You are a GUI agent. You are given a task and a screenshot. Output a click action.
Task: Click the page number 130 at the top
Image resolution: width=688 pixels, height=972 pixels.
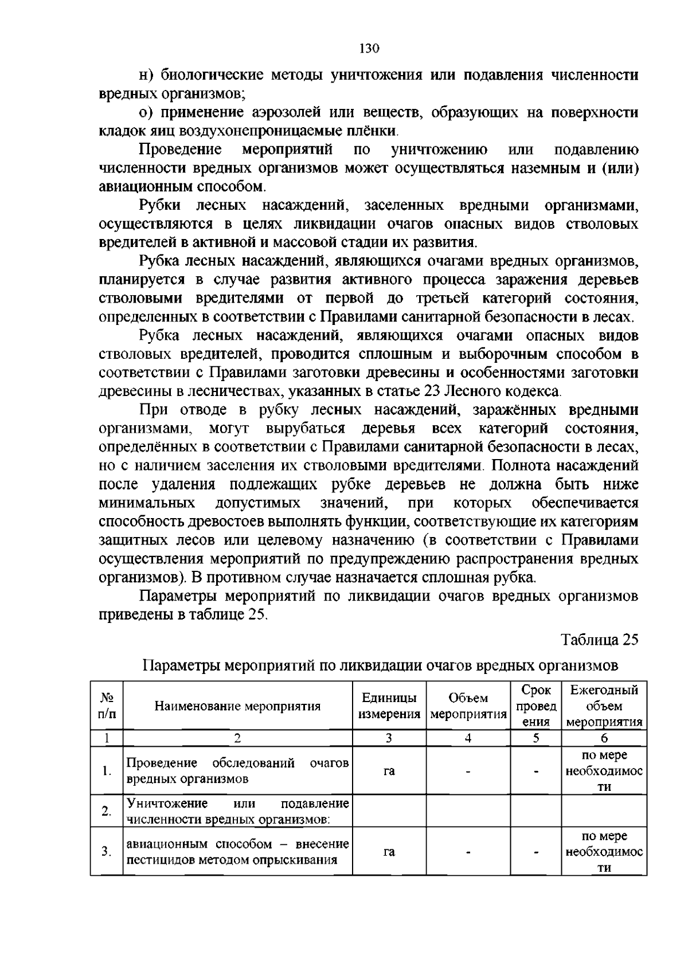point(369,49)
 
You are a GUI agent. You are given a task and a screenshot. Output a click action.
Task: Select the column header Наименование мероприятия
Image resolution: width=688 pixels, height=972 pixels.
point(237,706)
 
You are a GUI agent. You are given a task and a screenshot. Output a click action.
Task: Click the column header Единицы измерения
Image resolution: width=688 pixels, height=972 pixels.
point(389,706)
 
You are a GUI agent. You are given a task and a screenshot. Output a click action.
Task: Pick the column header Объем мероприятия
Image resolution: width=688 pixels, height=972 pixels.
point(468,706)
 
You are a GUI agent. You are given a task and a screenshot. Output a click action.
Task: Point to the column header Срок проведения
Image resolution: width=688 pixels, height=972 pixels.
point(535,706)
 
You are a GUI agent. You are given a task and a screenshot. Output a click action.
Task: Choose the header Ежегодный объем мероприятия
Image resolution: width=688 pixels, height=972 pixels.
point(604,706)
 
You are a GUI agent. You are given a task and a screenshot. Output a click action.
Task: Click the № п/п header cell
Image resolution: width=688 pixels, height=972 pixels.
point(107,706)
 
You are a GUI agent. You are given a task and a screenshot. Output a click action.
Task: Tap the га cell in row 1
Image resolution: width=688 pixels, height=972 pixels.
point(389,771)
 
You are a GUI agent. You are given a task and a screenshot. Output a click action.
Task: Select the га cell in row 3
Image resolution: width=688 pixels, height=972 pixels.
point(389,852)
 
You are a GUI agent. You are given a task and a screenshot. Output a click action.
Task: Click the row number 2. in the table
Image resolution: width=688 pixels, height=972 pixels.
point(107,811)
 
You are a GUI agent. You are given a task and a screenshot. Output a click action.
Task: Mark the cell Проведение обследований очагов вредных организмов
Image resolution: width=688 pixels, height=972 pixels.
point(237,771)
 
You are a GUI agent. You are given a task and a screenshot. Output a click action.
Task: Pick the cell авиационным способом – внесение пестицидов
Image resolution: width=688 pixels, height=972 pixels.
point(237,852)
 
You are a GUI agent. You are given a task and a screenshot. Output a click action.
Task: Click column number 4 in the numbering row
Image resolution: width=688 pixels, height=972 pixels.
point(468,738)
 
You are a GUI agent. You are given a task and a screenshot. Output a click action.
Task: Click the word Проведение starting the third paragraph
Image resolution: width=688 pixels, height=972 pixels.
point(181,150)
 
